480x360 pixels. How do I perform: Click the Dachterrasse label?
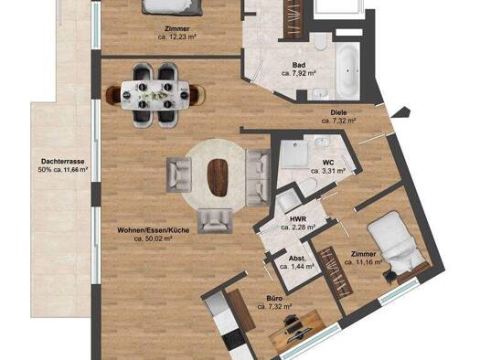63,161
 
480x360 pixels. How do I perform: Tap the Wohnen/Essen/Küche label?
153,230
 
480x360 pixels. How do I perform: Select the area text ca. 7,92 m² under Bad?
298,73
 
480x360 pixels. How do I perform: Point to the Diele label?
338,112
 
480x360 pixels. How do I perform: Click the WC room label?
328,163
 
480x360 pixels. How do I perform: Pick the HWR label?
298,219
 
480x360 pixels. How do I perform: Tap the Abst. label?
297,259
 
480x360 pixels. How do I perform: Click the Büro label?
274,298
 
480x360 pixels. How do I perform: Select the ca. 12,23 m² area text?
177,37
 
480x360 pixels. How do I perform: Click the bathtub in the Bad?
347,70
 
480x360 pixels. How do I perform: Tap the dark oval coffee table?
218,177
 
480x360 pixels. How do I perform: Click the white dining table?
155,95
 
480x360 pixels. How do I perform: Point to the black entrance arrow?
401,112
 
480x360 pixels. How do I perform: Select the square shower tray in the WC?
294,154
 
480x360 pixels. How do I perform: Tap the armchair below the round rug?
215,221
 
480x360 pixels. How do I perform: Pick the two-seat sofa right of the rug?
259,177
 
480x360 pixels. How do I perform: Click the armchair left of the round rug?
179,175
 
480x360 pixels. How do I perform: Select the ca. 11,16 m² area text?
364,262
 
